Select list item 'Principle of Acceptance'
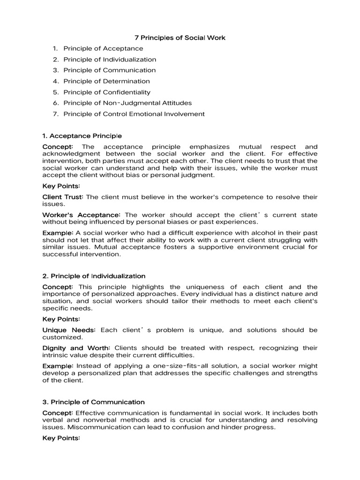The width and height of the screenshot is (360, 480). [x=103, y=48]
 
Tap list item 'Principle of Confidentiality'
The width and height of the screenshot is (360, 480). [x=107, y=92]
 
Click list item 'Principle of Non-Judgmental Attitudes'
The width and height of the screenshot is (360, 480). [x=127, y=103]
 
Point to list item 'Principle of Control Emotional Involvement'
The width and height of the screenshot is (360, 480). [x=134, y=114]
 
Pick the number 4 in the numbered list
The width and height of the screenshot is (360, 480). [x=55, y=81]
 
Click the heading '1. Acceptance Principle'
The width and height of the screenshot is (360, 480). [x=82, y=136]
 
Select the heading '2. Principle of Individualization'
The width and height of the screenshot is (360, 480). [x=94, y=276]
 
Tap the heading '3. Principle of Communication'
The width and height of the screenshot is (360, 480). [x=93, y=402]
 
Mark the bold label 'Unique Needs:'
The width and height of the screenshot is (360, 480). [x=69, y=330]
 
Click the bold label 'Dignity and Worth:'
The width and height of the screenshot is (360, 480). [x=76, y=348]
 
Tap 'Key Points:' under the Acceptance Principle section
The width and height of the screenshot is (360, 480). [x=61, y=186]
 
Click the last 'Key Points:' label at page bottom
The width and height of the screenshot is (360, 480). [x=61, y=438]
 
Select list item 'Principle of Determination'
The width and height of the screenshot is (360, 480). [x=106, y=81]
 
